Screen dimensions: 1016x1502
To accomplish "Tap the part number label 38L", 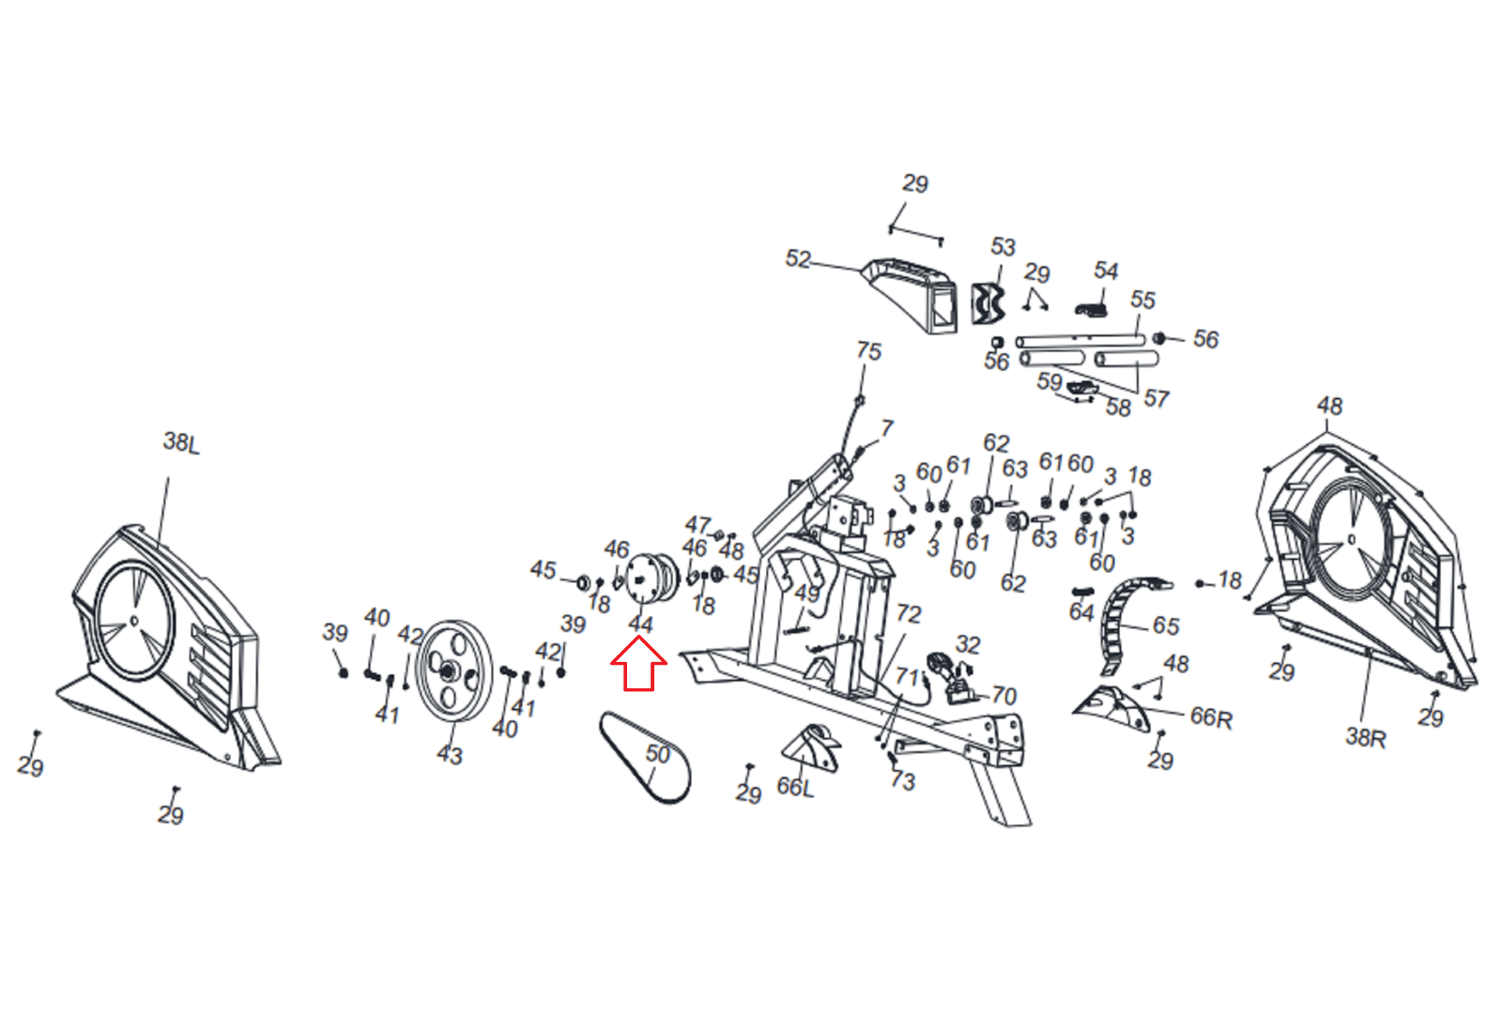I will click(x=181, y=442).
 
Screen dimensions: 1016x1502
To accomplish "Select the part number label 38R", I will click(x=1365, y=737).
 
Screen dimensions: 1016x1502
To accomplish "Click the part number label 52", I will click(x=798, y=259).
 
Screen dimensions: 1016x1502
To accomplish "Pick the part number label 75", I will click(x=868, y=351).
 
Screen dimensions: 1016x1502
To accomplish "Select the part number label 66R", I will click(x=1211, y=718).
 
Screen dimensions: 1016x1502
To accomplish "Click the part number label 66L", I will click(x=795, y=787).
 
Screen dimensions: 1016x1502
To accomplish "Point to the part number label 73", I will click(x=902, y=781).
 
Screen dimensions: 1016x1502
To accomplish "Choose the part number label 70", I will click(x=1004, y=696).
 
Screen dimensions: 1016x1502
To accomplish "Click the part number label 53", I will click(x=1003, y=247).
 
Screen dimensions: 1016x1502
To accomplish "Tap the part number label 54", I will click(x=1106, y=271).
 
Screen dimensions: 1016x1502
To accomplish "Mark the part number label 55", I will click(x=1142, y=300).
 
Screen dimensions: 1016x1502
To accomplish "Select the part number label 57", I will click(x=1157, y=399).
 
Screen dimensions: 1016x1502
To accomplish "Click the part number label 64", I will click(x=1081, y=613).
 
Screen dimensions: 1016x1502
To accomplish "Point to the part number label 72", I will click(x=909, y=614).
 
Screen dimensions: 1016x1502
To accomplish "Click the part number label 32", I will click(x=968, y=645).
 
